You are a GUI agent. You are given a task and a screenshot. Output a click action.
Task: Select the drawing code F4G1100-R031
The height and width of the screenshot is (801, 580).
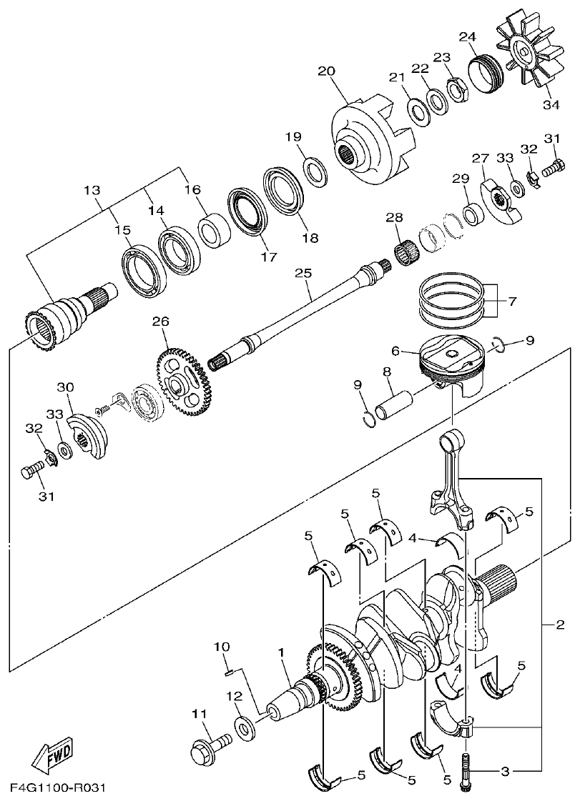[x=58, y=788]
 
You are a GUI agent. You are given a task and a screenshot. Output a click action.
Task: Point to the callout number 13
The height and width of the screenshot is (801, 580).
[x=92, y=191]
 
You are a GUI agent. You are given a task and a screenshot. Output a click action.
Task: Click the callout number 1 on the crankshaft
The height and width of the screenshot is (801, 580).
[x=282, y=652]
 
